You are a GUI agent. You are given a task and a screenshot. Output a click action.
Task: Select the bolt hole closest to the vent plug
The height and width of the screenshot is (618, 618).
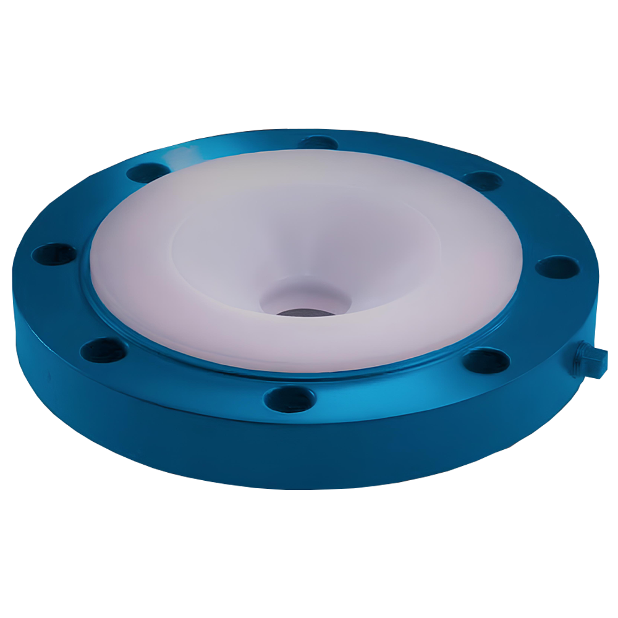487,360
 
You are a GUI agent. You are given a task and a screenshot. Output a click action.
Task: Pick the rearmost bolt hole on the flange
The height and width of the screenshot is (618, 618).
318,142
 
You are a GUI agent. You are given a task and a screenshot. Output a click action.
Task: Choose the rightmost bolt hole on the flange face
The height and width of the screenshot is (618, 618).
557,267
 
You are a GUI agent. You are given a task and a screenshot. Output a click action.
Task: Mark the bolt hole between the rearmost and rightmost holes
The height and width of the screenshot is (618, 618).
483,180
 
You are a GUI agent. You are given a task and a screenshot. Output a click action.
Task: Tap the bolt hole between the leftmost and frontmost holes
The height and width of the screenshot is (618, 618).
104,350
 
